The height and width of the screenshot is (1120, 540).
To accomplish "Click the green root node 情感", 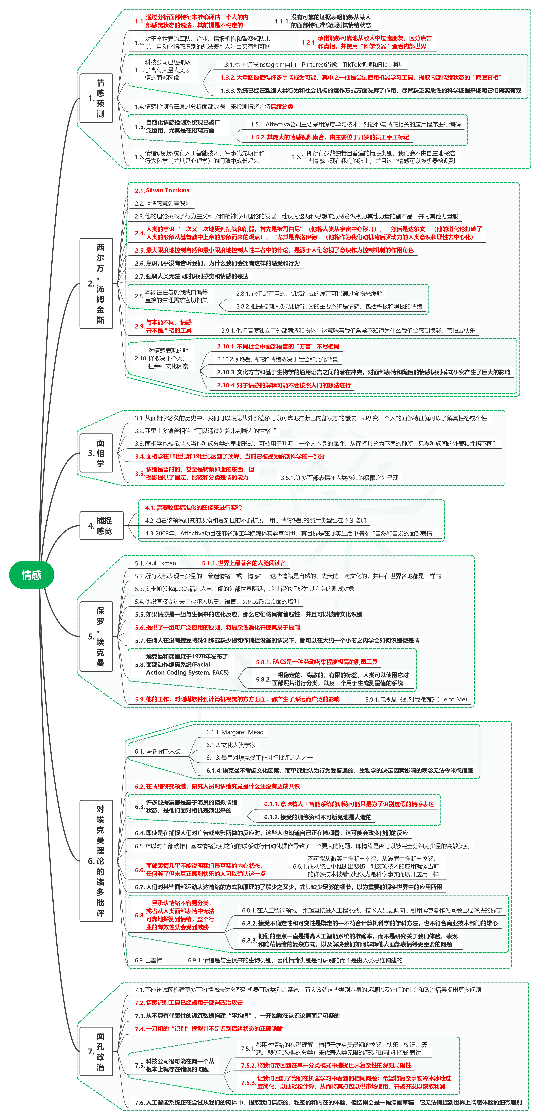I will (x=31, y=575).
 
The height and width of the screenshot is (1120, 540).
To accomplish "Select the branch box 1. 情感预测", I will (x=97, y=98).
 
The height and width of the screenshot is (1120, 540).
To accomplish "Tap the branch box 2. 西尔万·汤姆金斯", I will (x=97, y=283).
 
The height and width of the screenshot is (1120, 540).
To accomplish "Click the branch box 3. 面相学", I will (x=97, y=453).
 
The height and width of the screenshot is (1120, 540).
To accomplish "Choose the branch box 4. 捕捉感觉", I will (x=102, y=526).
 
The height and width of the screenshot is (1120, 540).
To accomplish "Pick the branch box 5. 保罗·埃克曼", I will (x=97, y=636).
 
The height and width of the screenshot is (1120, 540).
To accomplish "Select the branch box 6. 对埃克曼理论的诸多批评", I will (x=97, y=861).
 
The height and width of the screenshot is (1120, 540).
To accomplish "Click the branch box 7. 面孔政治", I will (x=97, y=1051).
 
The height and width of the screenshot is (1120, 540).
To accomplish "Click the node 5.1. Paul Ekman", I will (x=155, y=563).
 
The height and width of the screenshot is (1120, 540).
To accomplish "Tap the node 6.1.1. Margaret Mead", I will (x=235, y=732).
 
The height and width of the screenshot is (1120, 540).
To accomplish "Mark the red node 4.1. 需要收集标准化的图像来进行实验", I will (x=193, y=508).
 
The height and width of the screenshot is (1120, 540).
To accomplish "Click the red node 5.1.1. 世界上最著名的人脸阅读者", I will (x=244, y=563).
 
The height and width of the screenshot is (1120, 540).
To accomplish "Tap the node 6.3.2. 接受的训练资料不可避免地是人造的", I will (x=318, y=817).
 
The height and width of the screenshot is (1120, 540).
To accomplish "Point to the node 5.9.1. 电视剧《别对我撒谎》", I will (x=416, y=699).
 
